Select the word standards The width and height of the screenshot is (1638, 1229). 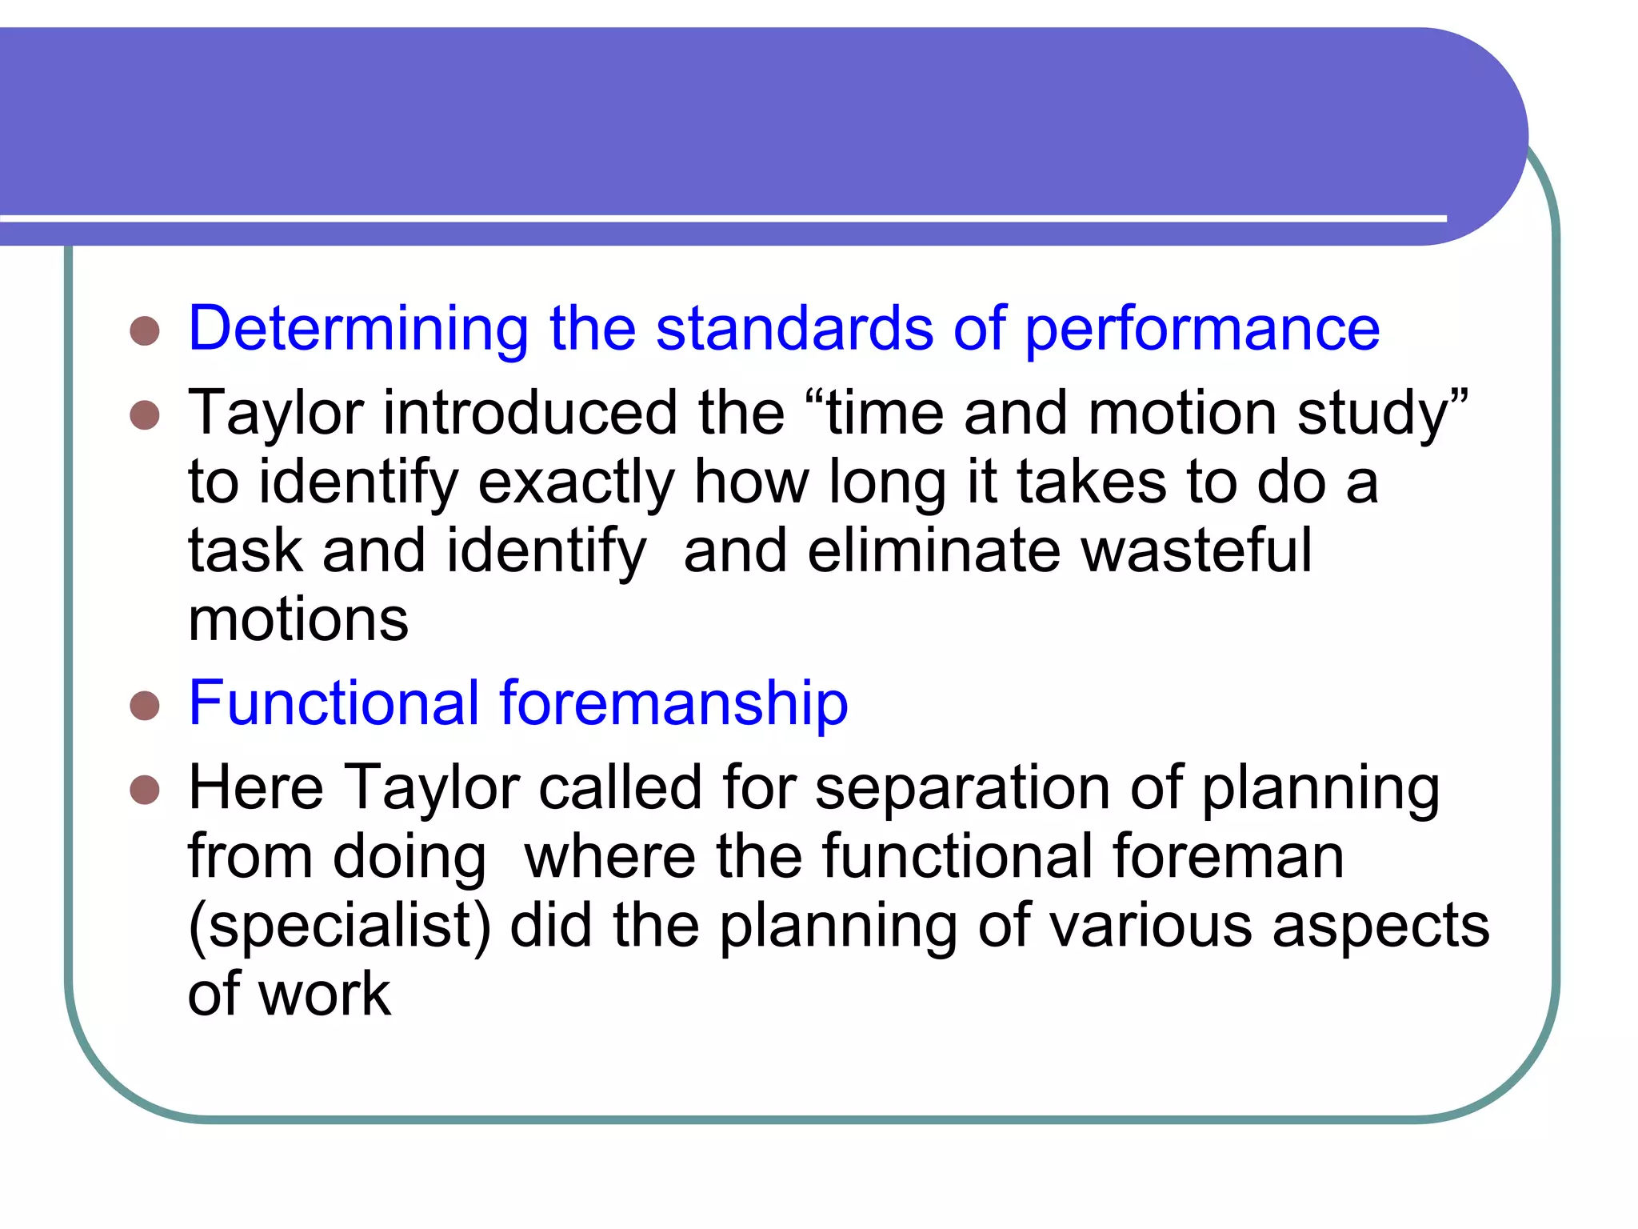794,329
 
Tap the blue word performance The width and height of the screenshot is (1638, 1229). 1202,329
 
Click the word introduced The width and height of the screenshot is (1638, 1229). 530,413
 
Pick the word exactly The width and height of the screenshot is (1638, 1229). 576,482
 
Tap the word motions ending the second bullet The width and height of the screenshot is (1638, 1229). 298,620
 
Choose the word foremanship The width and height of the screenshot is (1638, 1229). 673,703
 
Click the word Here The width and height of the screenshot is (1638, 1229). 256,787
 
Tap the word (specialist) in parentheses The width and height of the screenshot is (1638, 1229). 339,926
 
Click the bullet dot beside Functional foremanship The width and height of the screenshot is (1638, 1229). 145,705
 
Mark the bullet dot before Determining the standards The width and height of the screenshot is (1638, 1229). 145,330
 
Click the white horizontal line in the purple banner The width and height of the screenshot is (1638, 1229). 720,218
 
